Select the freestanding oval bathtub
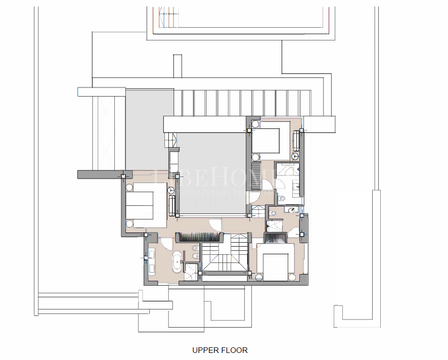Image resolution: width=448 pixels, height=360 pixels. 177,261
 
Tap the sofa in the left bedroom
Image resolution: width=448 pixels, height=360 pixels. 172,205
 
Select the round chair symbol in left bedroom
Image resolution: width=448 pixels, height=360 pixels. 171,190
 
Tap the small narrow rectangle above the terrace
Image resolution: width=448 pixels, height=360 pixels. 177,66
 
